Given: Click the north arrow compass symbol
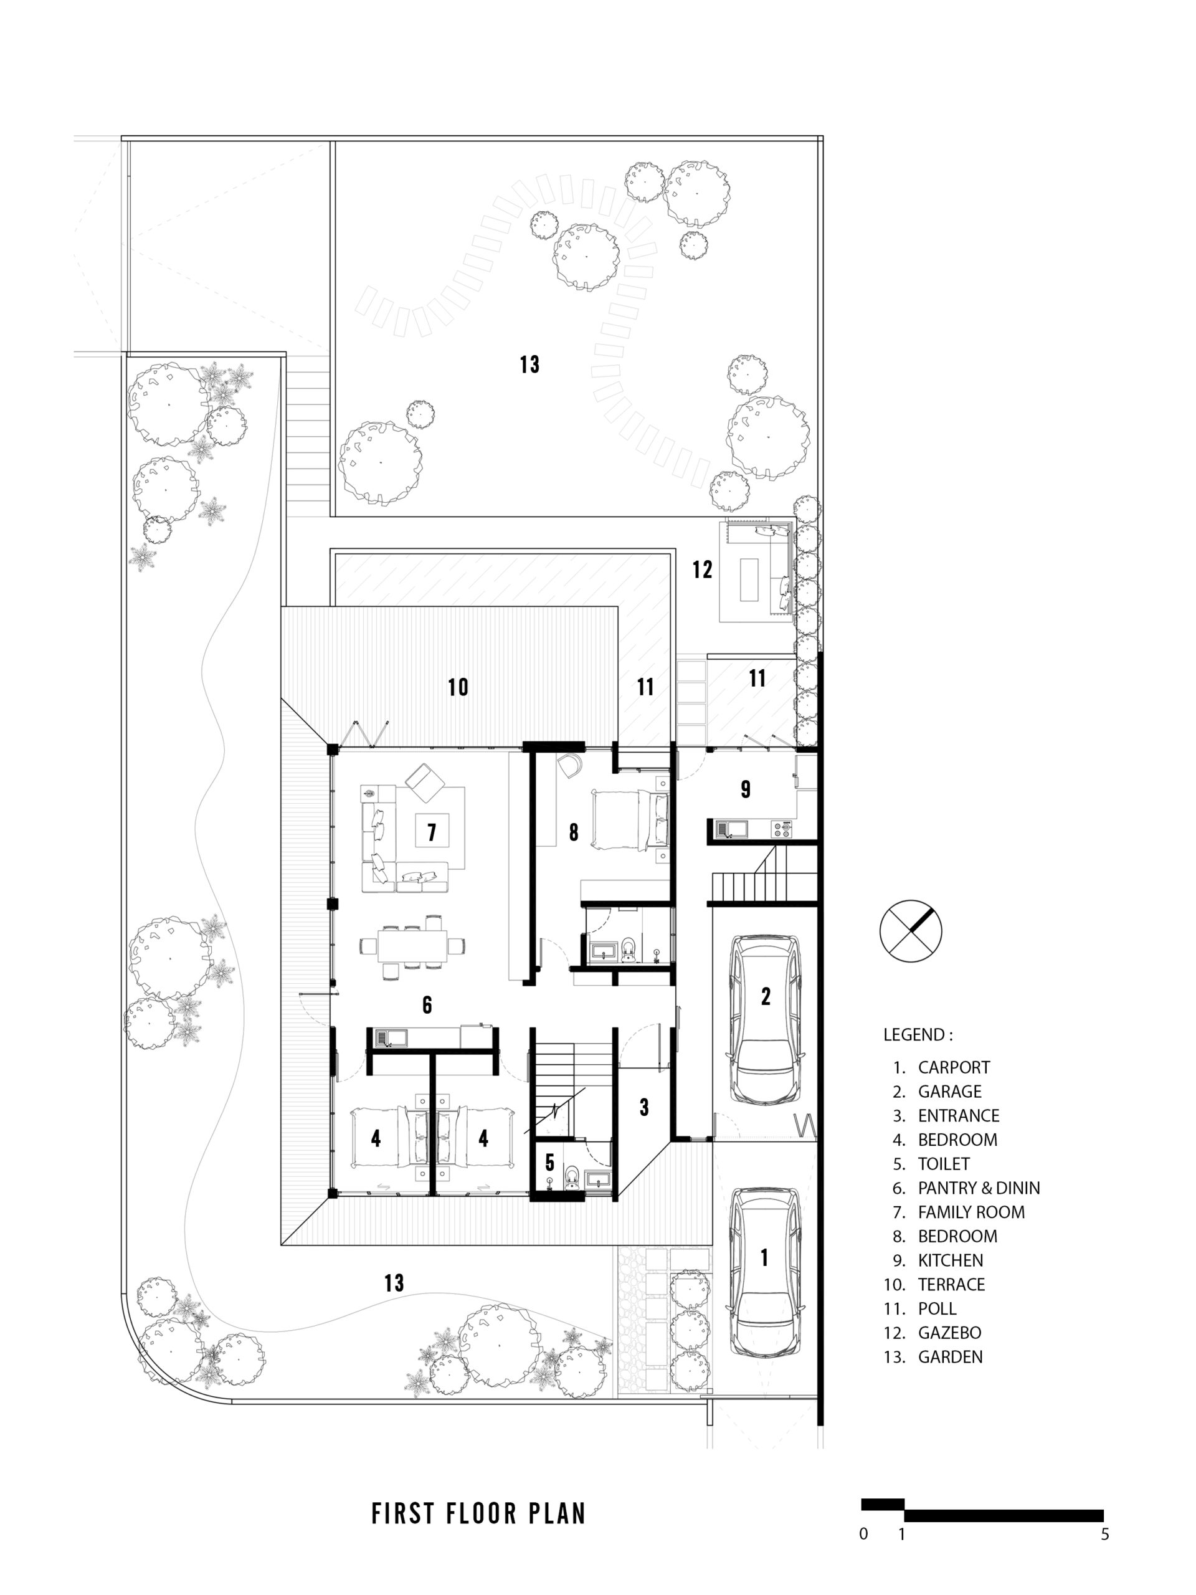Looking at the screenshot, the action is coord(911,930).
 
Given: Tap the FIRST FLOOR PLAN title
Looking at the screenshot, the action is coord(478,1513).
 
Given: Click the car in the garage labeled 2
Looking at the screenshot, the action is coord(764,1019).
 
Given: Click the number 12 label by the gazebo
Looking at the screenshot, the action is coord(702,569).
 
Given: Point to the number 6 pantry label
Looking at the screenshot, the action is coord(427,1005).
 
